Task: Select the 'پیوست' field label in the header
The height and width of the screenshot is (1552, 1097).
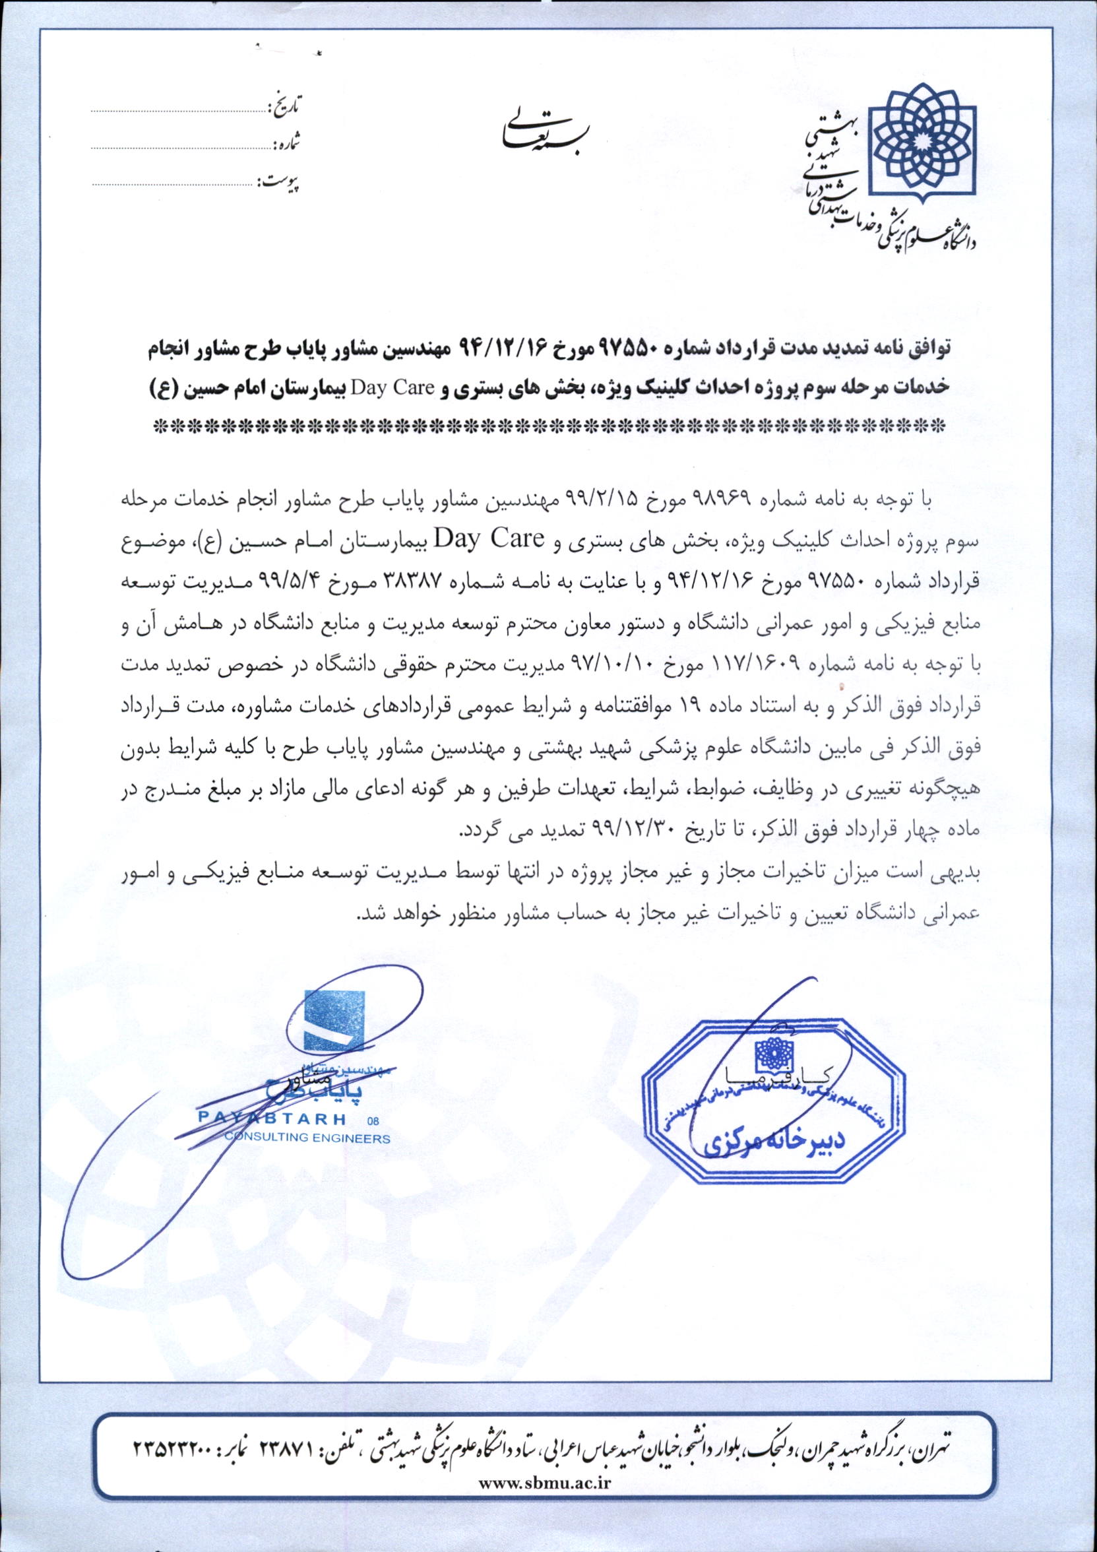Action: point(279,182)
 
